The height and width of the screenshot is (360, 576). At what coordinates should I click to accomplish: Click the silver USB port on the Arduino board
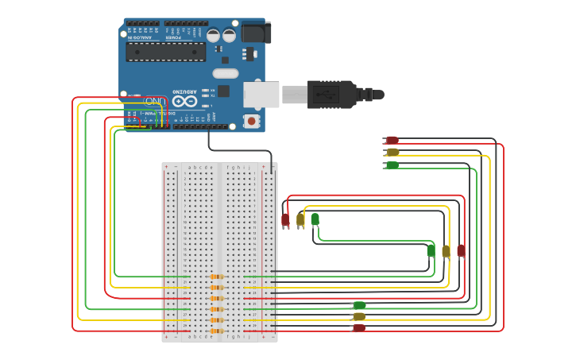tap(261, 95)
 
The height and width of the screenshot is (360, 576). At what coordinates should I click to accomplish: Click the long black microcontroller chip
tap(165, 52)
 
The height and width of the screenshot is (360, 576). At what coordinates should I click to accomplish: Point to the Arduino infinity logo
tap(184, 101)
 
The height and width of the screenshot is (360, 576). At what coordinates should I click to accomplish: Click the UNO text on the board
tap(154, 101)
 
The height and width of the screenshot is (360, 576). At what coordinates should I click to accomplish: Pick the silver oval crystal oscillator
tap(225, 73)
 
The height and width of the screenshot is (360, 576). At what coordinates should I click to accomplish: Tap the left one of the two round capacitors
tap(213, 35)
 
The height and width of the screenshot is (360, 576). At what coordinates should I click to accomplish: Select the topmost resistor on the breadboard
tap(216, 277)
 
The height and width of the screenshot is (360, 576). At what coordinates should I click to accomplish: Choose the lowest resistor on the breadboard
tap(216, 331)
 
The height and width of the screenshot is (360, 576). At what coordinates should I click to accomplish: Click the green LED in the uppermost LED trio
tap(392, 165)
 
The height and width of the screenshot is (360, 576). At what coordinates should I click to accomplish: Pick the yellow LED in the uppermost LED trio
tap(392, 152)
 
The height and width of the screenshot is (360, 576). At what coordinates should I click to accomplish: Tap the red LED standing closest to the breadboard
tap(285, 219)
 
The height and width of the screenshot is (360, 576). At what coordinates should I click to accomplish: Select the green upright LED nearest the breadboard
tap(315, 219)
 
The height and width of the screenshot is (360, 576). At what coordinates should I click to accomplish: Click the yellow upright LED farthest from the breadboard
tap(446, 251)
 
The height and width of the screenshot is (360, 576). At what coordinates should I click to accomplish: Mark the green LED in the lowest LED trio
tap(359, 305)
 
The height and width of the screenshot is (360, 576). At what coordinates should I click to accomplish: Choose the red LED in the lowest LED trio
tap(359, 327)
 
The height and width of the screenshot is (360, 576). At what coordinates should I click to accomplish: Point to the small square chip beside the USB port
tap(223, 91)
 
